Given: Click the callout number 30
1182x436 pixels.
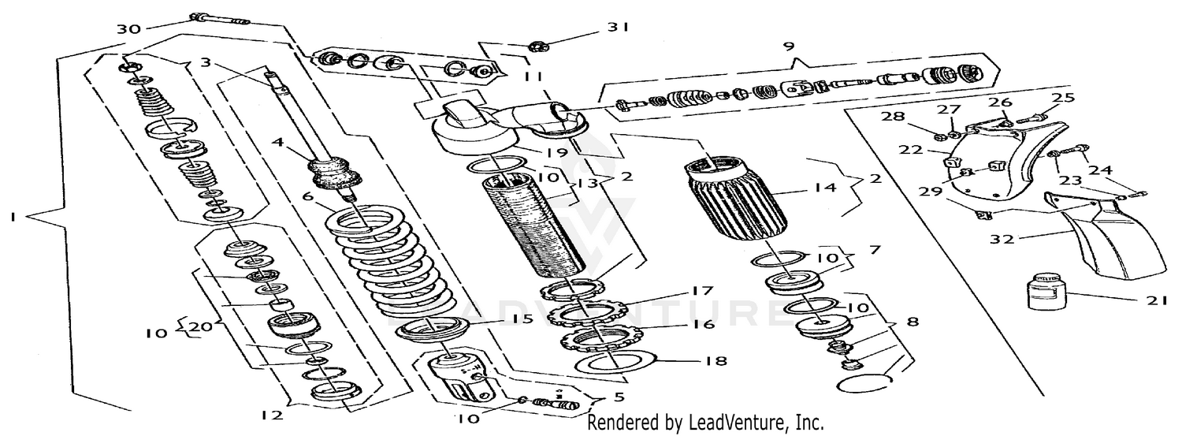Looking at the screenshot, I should point(128,29).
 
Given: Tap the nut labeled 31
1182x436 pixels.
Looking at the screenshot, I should point(544,43).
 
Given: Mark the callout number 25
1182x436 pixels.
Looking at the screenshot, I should point(1064,97).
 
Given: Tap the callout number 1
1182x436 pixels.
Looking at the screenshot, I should point(13,222).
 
